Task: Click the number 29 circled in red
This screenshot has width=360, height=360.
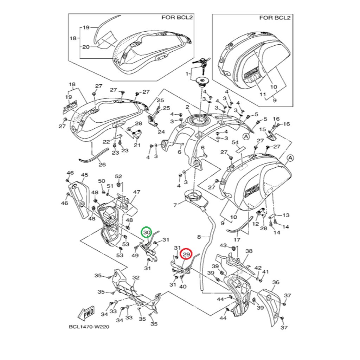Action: click(x=186, y=254)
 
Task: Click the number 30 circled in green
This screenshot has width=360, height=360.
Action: click(x=147, y=232)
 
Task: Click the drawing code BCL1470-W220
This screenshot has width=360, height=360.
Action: click(x=89, y=326)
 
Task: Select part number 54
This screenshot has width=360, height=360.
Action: click(x=236, y=142)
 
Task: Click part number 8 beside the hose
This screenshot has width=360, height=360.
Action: click(x=199, y=237)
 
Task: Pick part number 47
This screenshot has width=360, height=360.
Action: click(x=136, y=192)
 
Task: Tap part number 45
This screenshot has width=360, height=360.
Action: click(x=84, y=175)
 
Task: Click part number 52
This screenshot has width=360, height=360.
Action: click(x=118, y=176)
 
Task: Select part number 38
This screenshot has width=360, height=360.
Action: click(x=249, y=251)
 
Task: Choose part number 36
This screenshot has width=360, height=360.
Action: click(x=276, y=282)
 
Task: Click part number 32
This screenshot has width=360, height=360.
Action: click(x=136, y=277)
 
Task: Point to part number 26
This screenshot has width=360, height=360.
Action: click(x=102, y=164)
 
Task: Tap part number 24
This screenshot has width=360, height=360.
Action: click(x=161, y=132)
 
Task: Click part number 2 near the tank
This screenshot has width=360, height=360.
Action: click(x=188, y=107)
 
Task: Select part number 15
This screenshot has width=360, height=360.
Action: click(x=262, y=130)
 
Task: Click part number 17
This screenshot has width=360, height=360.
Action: click(x=237, y=240)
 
